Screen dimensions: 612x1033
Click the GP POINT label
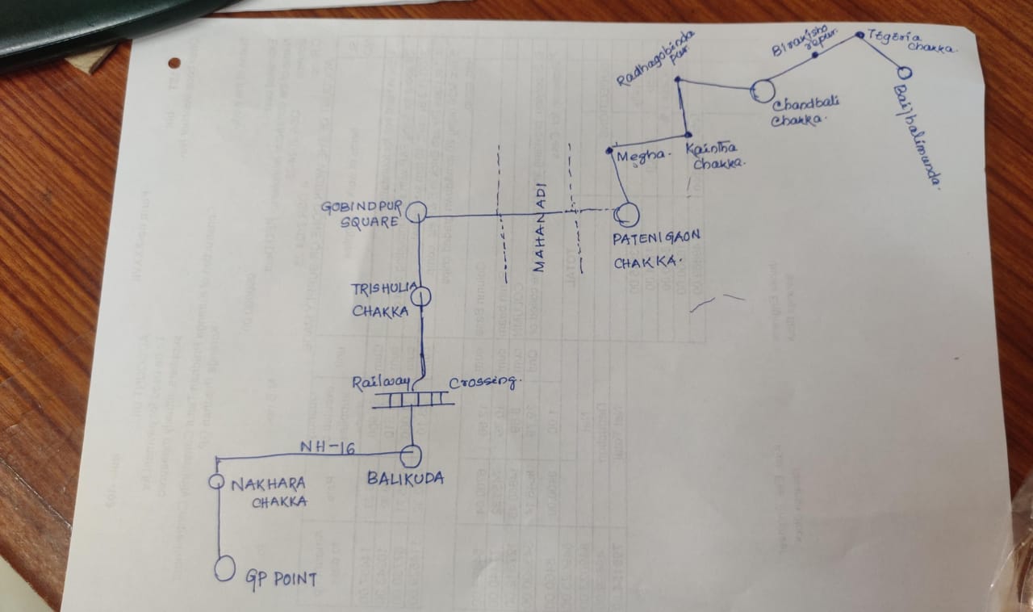[282, 577]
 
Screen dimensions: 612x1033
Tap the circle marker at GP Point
[224, 568]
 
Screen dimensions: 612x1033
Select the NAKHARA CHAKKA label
[269, 493]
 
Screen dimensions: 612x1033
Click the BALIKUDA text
[405, 479]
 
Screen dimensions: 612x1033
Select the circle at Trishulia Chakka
[421, 297]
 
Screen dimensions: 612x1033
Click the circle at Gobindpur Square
[416, 213]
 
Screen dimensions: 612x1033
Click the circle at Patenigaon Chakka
[626, 215]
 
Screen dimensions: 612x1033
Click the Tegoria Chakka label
[910, 40]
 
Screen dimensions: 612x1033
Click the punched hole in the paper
[174, 62]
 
